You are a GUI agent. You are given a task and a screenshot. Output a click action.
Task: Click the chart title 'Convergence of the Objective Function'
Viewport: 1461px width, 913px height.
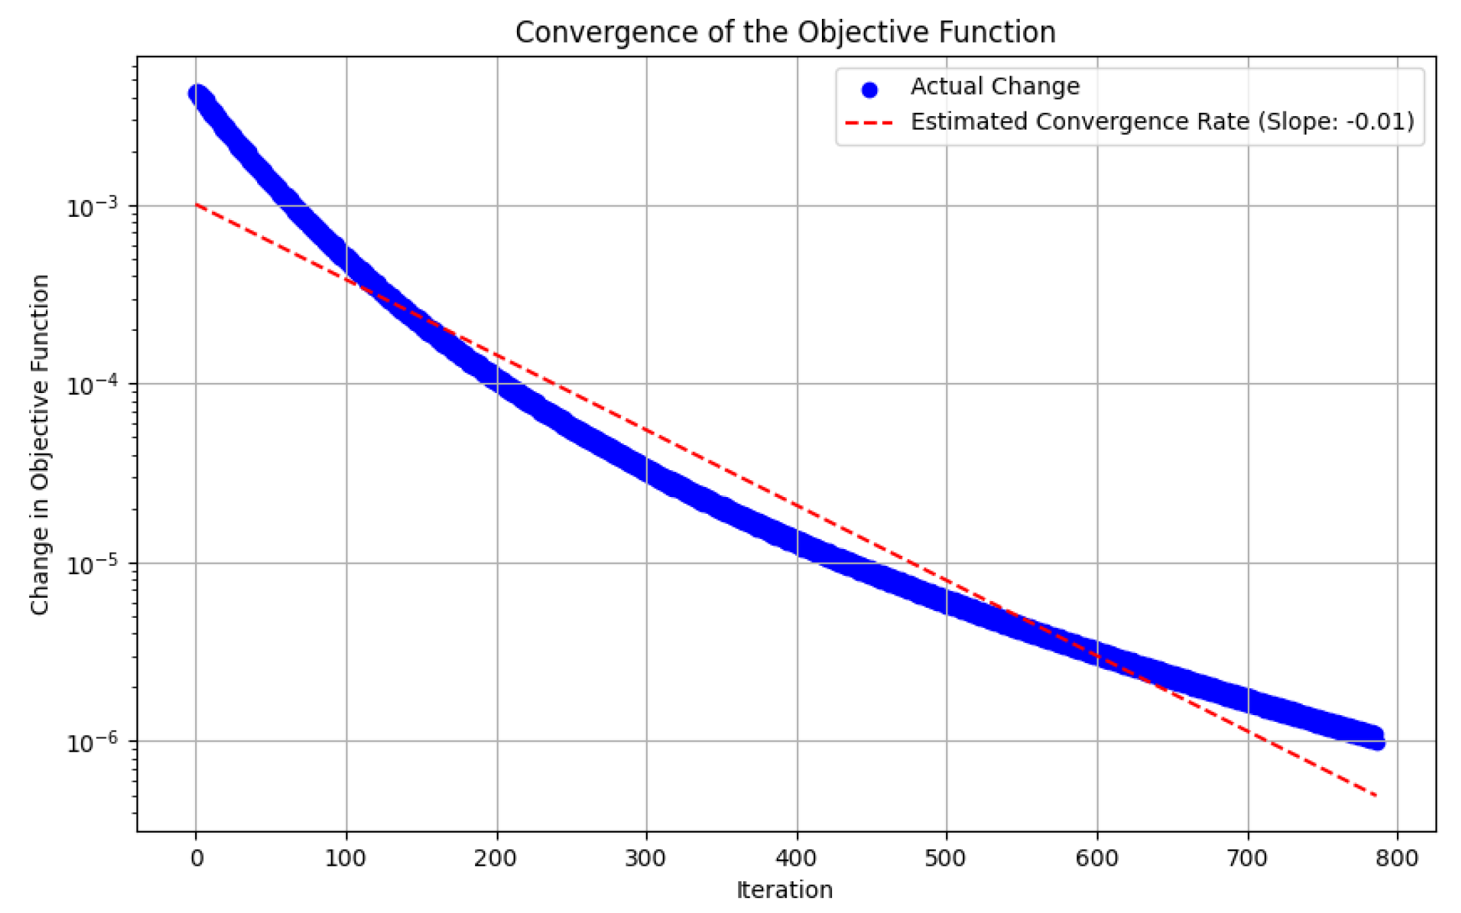click(x=785, y=32)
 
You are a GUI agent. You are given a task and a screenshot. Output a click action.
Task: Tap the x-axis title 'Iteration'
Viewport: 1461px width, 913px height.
click(x=784, y=889)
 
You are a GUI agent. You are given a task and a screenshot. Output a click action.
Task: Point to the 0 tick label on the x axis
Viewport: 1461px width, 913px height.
click(x=196, y=858)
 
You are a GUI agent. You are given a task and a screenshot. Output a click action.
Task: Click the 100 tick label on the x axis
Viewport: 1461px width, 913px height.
click(x=346, y=858)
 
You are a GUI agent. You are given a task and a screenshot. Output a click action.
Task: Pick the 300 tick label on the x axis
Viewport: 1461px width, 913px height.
click(x=646, y=858)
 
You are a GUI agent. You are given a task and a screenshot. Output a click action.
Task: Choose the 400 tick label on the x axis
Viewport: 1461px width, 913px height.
click(x=797, y=858)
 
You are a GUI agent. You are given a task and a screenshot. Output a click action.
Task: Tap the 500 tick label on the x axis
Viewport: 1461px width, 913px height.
click(x=946, y=858)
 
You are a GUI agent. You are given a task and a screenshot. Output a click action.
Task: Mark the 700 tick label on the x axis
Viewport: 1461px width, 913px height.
click(x=1247, y=858)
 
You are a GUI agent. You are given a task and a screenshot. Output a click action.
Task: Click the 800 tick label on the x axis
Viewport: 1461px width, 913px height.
click(x=1397, y=858)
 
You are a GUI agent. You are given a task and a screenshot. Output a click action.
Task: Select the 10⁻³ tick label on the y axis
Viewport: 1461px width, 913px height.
click(x=92, y=207)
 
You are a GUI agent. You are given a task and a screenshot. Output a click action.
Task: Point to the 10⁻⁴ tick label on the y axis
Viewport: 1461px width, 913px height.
click(x=92, y=385)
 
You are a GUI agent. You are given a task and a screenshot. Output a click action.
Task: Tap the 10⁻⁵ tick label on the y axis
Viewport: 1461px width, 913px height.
click(x=92, y=564)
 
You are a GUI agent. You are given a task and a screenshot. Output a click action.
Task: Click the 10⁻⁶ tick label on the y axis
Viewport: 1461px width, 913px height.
click(x=92, y=742)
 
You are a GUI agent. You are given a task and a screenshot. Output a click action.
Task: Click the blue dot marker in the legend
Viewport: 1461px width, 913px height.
click(x=870, y=89)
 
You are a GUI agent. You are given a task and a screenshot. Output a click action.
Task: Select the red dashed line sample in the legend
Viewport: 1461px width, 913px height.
click(x=869, y=123)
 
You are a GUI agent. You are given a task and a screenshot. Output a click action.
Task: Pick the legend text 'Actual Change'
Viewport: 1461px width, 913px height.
click(x=995, y=86)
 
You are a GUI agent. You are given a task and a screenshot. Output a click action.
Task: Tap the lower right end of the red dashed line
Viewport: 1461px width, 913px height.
click(x=1375, y=795)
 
